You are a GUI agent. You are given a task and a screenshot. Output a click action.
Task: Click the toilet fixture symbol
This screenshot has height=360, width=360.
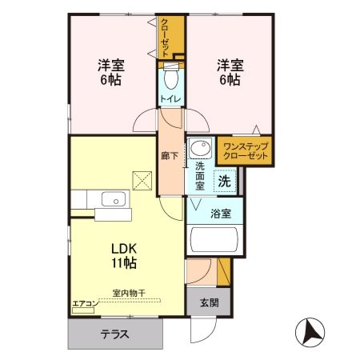170,78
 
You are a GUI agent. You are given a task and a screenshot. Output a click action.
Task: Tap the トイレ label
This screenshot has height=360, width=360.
170,99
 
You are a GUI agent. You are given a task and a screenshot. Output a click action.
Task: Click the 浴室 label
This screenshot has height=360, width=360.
221,214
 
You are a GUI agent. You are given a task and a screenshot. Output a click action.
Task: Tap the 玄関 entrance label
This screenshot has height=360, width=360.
208,302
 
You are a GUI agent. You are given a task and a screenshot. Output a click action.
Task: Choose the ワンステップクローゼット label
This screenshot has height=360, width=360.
244,151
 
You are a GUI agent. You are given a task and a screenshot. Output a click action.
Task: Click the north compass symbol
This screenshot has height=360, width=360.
310,329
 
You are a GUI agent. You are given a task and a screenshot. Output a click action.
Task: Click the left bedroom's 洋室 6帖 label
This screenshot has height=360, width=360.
110,73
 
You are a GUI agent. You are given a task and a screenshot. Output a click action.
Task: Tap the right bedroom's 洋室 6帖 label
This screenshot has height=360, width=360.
228,73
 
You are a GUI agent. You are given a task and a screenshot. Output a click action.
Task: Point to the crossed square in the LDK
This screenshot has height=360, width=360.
142,181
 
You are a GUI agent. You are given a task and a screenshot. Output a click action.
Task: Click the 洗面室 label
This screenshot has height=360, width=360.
200,174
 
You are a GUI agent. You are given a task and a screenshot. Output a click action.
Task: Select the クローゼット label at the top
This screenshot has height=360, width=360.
166,36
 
